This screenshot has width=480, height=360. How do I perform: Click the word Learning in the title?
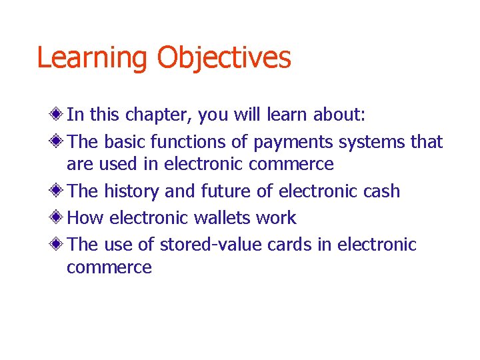click(93, 59)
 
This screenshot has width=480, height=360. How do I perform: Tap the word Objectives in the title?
click(224, 59)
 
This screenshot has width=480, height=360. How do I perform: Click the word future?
click(224, 191)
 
